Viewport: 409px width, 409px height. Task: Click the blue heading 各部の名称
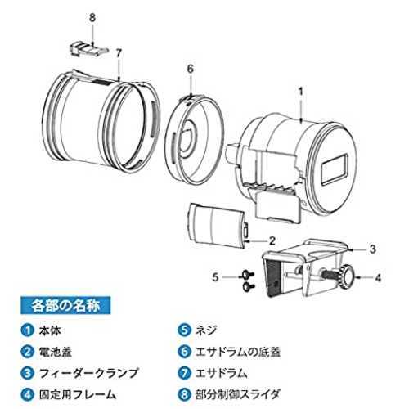click(65, 305)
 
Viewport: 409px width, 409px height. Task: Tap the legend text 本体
click(50, 330)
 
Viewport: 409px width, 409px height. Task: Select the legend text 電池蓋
click(56, 352)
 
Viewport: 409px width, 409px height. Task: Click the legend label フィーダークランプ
click(89, 373)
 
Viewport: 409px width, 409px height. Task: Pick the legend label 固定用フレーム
click(78, 394)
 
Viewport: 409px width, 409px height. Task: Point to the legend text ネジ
click(206, 330)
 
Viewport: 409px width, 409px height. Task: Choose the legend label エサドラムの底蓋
click(238, 352)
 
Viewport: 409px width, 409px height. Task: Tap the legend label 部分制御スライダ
click(238, 394)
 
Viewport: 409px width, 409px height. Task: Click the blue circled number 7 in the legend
click(185, 373)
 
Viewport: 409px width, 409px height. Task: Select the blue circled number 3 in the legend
click(28, 373)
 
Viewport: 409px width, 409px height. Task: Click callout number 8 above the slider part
click(92, 18)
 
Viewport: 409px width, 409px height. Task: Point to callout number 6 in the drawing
click(190, 69)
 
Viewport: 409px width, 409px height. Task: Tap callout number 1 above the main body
click(300, 92)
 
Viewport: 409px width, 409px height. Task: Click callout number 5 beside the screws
click(215, 277)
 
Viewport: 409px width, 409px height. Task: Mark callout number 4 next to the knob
click(378, 278)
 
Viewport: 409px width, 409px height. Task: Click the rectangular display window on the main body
click(335, 169)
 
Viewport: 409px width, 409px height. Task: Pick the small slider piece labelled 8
click(88, 49)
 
